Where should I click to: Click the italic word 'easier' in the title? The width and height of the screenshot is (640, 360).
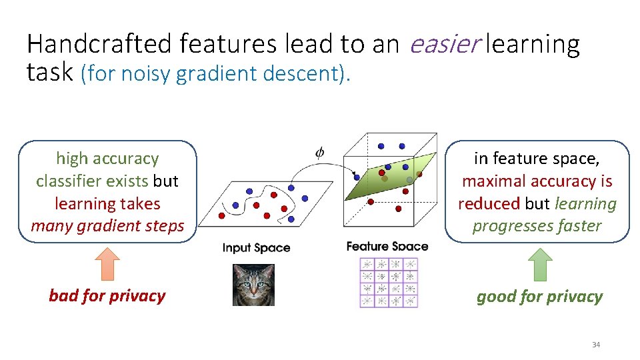pos(445,44)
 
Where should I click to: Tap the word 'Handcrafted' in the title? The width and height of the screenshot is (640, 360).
pos(100,44)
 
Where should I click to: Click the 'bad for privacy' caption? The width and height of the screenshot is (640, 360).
pos(107,296)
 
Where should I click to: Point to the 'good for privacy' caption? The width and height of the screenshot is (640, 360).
pos(539,297)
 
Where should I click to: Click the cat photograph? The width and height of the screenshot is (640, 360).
pos(253,285)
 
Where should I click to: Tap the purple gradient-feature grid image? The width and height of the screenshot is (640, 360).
pos(389,283)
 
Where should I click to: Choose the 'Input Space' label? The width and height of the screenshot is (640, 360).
pos(256,248)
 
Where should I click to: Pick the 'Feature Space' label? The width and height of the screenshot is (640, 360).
pos(387,247)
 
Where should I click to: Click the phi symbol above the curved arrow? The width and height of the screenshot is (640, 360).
pos(320,152)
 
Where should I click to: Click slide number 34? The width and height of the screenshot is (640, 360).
pos(596,345)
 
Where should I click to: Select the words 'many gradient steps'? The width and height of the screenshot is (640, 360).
pos(107,226)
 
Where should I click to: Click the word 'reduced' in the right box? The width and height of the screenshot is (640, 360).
pos(489,203)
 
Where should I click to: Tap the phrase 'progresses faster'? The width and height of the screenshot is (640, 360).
pos(537,226)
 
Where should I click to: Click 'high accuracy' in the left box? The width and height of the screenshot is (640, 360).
pos(107,159)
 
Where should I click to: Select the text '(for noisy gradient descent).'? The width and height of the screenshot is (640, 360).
pos(215,73)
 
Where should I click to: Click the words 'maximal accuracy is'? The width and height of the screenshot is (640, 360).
pos(537,181)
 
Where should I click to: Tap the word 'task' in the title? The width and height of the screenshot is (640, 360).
pos(50,72)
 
